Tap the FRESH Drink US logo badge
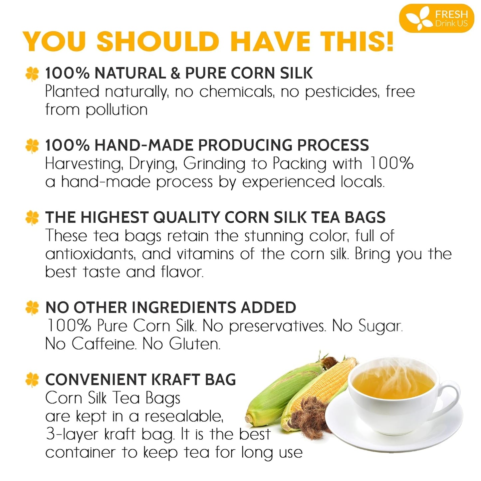(x=436, y=18)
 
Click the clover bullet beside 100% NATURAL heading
(x=32, y=74)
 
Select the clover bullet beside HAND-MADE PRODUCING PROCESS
(x=32, y=145)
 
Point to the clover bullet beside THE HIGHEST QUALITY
(x=32, y=218)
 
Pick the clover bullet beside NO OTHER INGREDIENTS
(x=32, y=308)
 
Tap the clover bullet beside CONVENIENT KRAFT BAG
(x=32, y=380)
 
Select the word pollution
(x=117, y=110)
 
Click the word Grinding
(x=214, y=164)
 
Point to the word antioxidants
(x=90, y=254)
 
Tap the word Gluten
(x=194, y=344)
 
